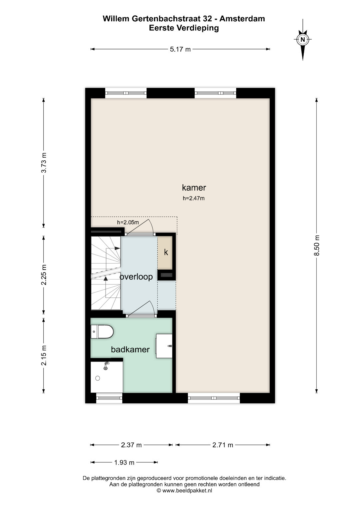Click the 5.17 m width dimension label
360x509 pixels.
coord(180,49)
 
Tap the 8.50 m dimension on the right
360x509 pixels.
coord(317,245)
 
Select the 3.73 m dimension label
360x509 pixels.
coord(44,163)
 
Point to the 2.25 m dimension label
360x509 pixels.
coord(44,275)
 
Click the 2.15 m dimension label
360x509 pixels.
coord(44,355)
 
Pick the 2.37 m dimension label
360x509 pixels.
coord(131,445)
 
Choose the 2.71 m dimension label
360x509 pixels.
coord(223,445)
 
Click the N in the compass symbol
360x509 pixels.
coord(303,40)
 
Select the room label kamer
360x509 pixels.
coord(194,188)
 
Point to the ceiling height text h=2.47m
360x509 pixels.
coord(194,198)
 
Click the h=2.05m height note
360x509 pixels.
coord(128,222)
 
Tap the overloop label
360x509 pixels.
coord(136,277)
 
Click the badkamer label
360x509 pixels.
coord(130,349)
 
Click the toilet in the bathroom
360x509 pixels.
coord(102,332)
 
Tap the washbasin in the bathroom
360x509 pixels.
coord(164,346)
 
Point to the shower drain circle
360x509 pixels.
coord(98,378)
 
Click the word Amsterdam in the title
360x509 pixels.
coord(242,19)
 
